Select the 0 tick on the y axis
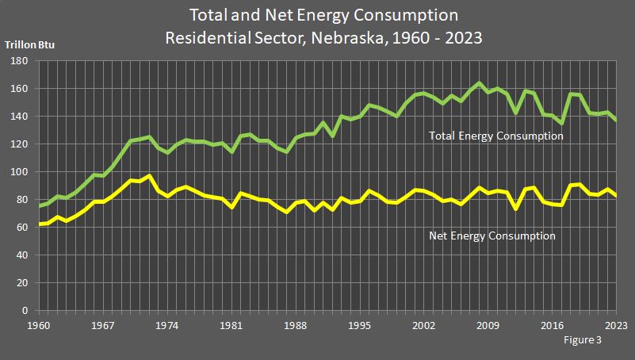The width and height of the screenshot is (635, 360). (25, 311)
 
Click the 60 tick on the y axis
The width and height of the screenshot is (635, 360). (21, 228)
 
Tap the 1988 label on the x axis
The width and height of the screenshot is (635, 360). (296, 325)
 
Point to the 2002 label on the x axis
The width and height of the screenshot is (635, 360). (423, 325)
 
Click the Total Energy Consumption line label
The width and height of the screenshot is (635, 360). (496, 136)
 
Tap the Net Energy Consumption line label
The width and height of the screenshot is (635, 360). (492, 236)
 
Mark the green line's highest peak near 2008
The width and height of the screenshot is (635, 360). (478, 83)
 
